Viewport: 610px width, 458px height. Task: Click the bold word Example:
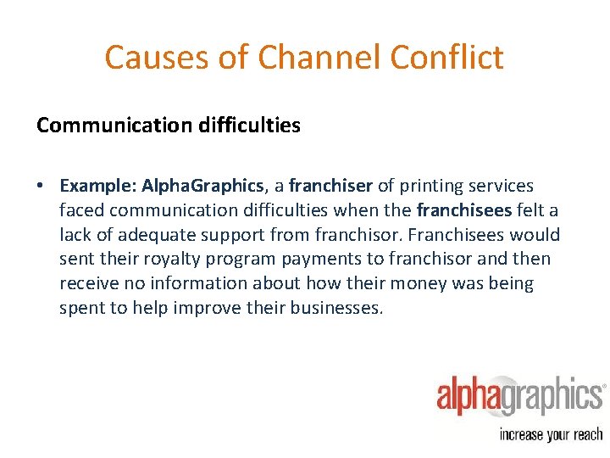[x=97, y=186]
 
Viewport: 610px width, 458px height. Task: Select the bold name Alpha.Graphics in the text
[x=202, y=186]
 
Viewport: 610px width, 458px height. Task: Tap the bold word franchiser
[x=330, y=186]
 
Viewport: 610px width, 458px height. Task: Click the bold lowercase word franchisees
[x=463, y=210]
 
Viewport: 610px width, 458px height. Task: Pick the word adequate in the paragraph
[x=148, y=235]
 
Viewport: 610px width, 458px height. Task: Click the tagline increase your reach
[x=552, y=434]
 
